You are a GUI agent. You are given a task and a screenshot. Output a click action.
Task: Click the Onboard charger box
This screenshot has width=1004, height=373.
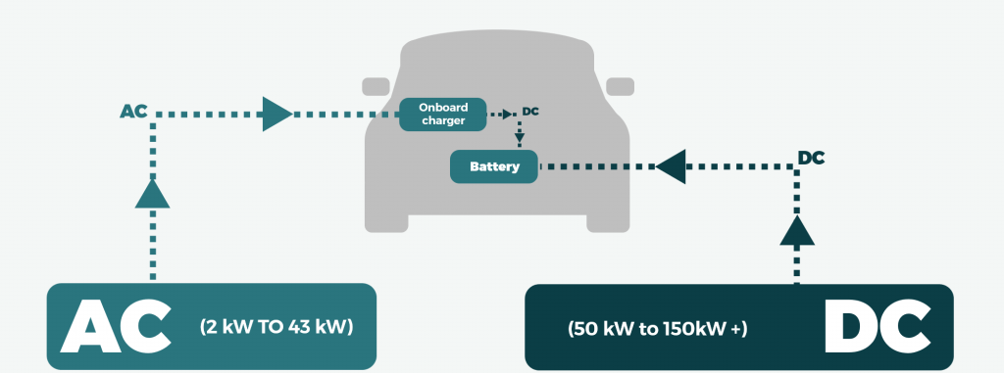(442, 115)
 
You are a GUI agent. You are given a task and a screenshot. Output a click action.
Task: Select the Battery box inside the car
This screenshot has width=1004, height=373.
(493, 166)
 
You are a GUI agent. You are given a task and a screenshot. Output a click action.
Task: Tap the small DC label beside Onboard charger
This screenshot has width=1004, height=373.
(530, 112)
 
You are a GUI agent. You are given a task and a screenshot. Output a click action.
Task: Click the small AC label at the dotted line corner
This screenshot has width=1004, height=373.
(133, 113)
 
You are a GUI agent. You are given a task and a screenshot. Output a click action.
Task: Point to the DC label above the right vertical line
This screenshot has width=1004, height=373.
(811, 158)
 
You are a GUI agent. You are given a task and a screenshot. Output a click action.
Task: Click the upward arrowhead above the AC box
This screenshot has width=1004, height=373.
(152, 193)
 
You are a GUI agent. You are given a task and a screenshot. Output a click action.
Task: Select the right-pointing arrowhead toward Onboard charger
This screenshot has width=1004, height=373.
(277, 114)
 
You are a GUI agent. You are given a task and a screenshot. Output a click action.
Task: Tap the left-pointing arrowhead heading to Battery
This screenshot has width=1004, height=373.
(670, 166)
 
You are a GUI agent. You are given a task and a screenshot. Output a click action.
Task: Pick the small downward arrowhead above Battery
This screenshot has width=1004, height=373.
(520, 138)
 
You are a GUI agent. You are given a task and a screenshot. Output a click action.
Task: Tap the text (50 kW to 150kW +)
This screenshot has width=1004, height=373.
(653, 329)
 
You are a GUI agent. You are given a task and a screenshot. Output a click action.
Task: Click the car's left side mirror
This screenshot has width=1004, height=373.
(375, 86)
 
